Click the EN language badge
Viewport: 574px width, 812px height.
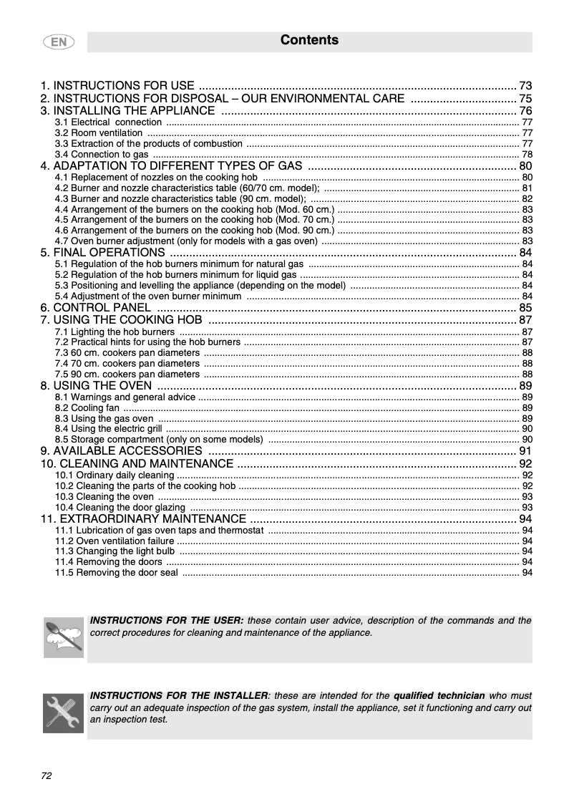point(59,42)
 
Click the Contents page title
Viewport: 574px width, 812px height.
point(309,40)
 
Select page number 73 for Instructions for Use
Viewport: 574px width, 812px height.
point(525,85)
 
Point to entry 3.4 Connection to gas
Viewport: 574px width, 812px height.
point(102,154)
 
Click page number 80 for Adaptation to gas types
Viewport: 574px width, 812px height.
point(525,167)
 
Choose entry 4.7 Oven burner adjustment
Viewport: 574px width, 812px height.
point(186,241)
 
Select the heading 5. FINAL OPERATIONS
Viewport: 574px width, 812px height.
point(103,253)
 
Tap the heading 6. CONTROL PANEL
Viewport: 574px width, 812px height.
point(96,308)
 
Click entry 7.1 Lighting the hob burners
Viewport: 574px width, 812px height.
point(115,332)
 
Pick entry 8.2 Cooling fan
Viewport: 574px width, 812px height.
point(87,407)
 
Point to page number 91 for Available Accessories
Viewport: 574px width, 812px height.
point(525,451)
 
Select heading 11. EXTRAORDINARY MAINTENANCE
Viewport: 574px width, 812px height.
point(143,519)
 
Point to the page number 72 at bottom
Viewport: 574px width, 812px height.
point(47,775)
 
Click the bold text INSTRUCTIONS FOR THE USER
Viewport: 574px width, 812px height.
point(167,621)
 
